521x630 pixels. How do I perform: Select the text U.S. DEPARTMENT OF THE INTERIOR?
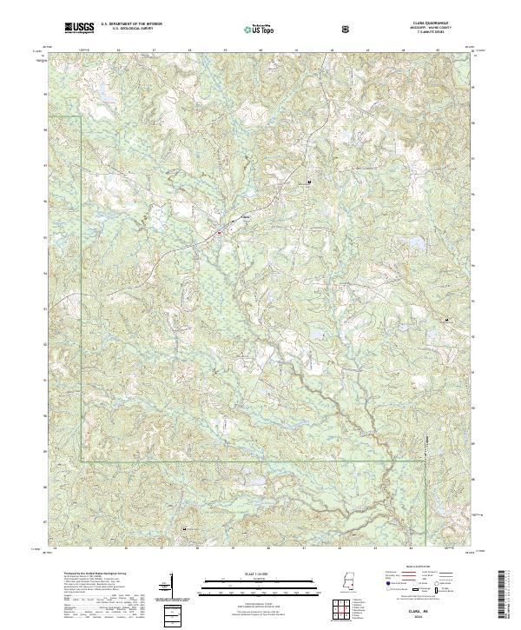129,26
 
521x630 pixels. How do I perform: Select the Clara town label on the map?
244,216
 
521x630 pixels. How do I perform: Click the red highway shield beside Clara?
221,232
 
